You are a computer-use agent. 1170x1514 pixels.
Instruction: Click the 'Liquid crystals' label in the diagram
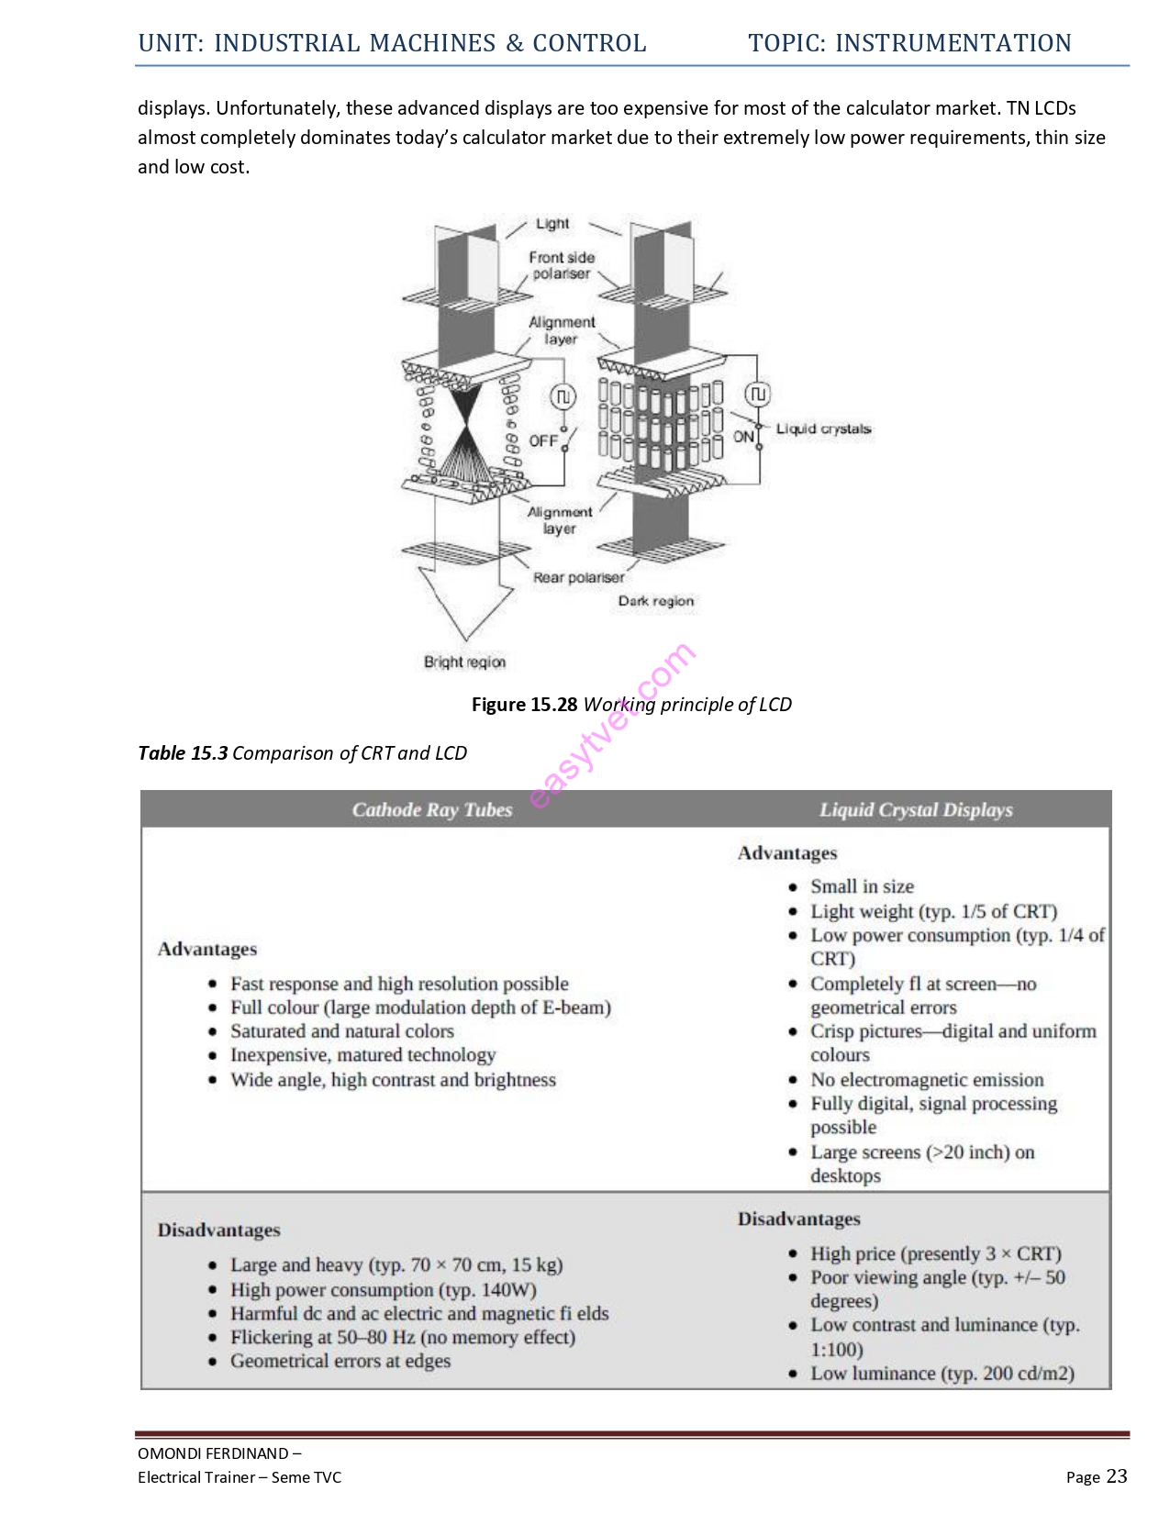822,429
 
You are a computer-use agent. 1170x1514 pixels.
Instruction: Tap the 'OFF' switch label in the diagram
543,440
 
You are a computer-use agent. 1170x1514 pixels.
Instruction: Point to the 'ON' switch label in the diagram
743,437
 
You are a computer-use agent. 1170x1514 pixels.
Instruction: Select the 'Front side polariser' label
562,265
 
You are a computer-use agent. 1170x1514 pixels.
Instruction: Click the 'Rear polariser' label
578,577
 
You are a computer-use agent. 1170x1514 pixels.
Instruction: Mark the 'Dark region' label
655,601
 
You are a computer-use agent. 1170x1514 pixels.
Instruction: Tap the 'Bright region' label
464,662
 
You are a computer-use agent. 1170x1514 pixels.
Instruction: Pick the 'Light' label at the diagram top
552,224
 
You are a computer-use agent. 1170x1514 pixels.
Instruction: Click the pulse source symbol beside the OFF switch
563,396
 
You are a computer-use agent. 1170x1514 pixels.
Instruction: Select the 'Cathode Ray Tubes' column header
431,809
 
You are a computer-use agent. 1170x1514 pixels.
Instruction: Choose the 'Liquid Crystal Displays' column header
916,809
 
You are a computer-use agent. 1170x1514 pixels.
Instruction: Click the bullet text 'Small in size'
862,886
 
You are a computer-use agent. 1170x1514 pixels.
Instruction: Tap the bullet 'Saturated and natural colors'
341,1031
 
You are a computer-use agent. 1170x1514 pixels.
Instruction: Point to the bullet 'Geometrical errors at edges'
340,1361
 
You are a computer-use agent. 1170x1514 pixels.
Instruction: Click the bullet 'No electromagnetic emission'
927,1080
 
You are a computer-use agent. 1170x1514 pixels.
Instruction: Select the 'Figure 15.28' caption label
524,705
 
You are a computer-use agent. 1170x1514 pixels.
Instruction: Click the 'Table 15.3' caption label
183,753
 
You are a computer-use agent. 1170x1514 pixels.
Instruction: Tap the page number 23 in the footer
1116,1475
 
